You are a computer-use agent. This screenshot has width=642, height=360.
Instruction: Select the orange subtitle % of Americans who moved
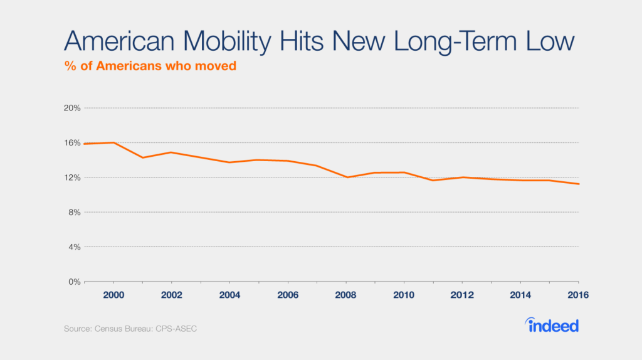coord(150,66)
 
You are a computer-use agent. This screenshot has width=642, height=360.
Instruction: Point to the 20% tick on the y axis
coord(73,108)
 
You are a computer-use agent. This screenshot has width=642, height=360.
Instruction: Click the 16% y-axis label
coord(73,142)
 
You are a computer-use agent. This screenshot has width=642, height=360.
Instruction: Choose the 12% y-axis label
coord(73,177)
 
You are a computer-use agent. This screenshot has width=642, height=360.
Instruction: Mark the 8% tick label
coord(75,212)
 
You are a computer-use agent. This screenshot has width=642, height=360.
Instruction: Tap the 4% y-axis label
coord(75,247)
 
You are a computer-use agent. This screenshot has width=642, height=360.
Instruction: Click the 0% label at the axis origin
coord(75,282)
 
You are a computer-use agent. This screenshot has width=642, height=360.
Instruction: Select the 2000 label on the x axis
coord(113,295)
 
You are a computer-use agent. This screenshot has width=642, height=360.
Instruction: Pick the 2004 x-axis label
coord(229,295)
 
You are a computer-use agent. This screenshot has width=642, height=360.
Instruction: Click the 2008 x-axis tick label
coord(345,295)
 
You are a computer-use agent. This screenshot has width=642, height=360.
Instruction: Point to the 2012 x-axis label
coord(462,295)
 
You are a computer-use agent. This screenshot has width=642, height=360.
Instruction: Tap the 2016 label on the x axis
coord(577,295)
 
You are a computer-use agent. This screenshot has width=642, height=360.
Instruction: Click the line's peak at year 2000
coord(113,142)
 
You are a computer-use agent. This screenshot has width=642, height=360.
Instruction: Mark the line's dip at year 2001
coord(142,157)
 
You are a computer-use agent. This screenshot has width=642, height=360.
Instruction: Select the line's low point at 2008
coord(346,177)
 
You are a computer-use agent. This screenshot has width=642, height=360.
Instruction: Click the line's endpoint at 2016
coord(578,184)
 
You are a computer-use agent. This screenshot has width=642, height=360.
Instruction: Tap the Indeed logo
coord(552,325)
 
